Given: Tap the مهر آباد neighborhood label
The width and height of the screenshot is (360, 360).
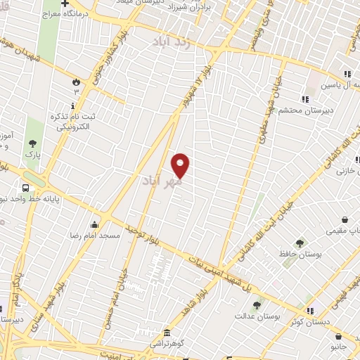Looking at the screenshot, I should coord(162,182).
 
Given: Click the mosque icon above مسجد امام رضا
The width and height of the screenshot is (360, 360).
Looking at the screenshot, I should coord(94,224).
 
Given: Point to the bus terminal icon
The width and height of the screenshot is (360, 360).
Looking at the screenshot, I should coord(26,188).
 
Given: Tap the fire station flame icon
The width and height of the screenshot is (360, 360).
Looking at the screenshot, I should coord(75,81).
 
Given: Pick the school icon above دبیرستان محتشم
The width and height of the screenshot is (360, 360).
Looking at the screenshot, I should coord(304,99).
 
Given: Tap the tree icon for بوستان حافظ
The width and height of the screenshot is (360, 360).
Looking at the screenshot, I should coord(300,243).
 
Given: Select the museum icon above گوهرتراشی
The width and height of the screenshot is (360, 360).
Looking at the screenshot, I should coord(167,332).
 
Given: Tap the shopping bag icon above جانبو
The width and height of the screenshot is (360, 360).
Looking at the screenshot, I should coord(339,336).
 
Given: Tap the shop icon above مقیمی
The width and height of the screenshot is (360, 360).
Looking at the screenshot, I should coord(345,219).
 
